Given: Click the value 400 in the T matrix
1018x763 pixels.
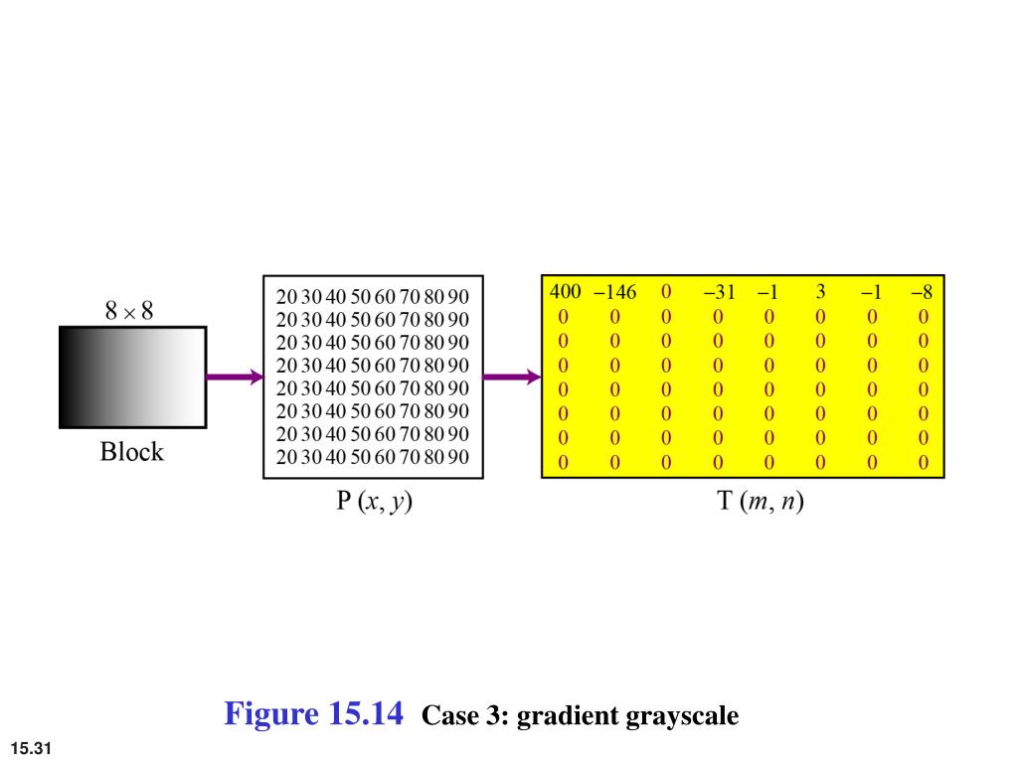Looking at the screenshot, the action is pyautogui.click(x=565, y=293).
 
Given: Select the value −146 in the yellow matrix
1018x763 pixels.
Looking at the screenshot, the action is pyautogui.click(x=614, y=293).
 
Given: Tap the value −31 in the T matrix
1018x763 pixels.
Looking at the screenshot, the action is pyautogui.click(x=718, y=293).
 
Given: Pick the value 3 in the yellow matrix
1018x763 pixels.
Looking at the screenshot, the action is pyautogui.click(x=821, y=293).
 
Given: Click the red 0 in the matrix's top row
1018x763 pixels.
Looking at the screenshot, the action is pyautogui.click(x=666, y=293).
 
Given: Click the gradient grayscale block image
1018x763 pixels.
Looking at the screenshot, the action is pyautogui.click(x=132, y=378).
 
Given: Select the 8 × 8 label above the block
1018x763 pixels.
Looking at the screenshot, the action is pyautogui.click(x=129, y=311).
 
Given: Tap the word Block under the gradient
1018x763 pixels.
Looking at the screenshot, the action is pyautogui.click(x=131, y=453).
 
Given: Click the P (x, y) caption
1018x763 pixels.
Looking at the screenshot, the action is pyautogui.click(x=373, y=502).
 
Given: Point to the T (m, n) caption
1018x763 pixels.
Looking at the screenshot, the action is pyautogui.click(x=761, y=502).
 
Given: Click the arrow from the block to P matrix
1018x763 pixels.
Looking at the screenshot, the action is pyautogui.click(x=235, y=378).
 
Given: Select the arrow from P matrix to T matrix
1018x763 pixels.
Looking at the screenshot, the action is pyautogui.click(x=511, y=378).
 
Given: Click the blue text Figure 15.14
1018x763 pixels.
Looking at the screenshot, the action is pyautogui.click(x=314, y=713).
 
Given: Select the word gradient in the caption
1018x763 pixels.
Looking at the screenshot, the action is pyautogui.click(x=565, y=715).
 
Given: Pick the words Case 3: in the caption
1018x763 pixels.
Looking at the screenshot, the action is pyautogui.click(x=465, y=715).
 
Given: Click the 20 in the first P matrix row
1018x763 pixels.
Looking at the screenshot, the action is pyautogui.click(x=287, y=297).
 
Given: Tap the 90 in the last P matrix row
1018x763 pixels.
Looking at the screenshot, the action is pyautogui.click(x=457, y=457).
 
